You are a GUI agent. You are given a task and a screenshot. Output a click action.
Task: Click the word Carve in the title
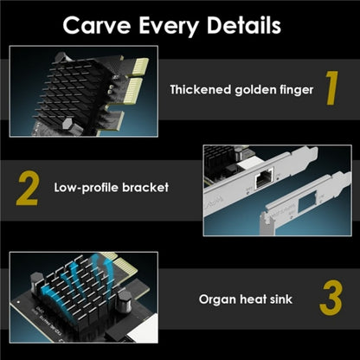pyautogui.click(x=97, y=25)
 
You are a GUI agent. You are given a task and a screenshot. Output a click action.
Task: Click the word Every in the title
pyautogui.click(x=169, y=26)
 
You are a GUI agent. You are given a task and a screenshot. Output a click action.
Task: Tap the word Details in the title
pyautogui.click(x=244, y=25)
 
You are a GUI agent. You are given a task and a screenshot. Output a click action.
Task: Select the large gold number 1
pyautogui.click(x=331, y=88)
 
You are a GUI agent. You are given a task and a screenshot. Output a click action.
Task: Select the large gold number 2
pyautogui.click(x=28, y=189)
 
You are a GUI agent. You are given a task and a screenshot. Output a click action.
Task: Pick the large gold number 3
pyautogui.click(x=331, y=298)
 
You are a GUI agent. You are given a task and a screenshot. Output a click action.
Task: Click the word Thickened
pyautogui.click(x=200, y=90)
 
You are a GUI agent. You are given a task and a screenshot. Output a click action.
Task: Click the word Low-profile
pyautogui.click(x=87, y=188)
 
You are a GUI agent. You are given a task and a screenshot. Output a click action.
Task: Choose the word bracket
pyautogui.click(x=145, y=187)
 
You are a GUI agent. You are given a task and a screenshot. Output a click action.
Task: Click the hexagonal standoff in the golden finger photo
pyautogui.click(x=67, y=125)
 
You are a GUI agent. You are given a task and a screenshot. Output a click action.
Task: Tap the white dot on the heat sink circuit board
pyautogui.click(x=18, y=302)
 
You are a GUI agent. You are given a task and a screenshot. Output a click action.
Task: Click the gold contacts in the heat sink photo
pyautogui.click(x=125, y=266)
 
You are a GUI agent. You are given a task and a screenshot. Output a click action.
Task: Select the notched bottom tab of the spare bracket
pyautogui.click(x=267, y=224)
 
